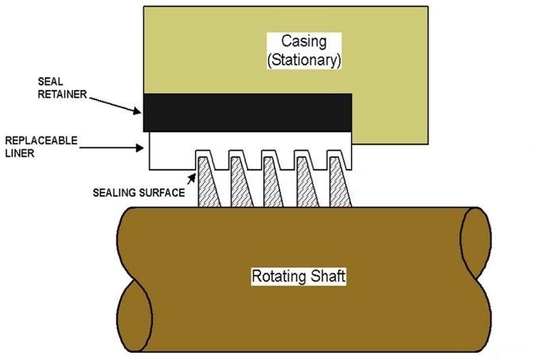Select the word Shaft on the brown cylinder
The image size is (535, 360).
point(327,277)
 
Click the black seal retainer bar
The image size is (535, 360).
point(248,112)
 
